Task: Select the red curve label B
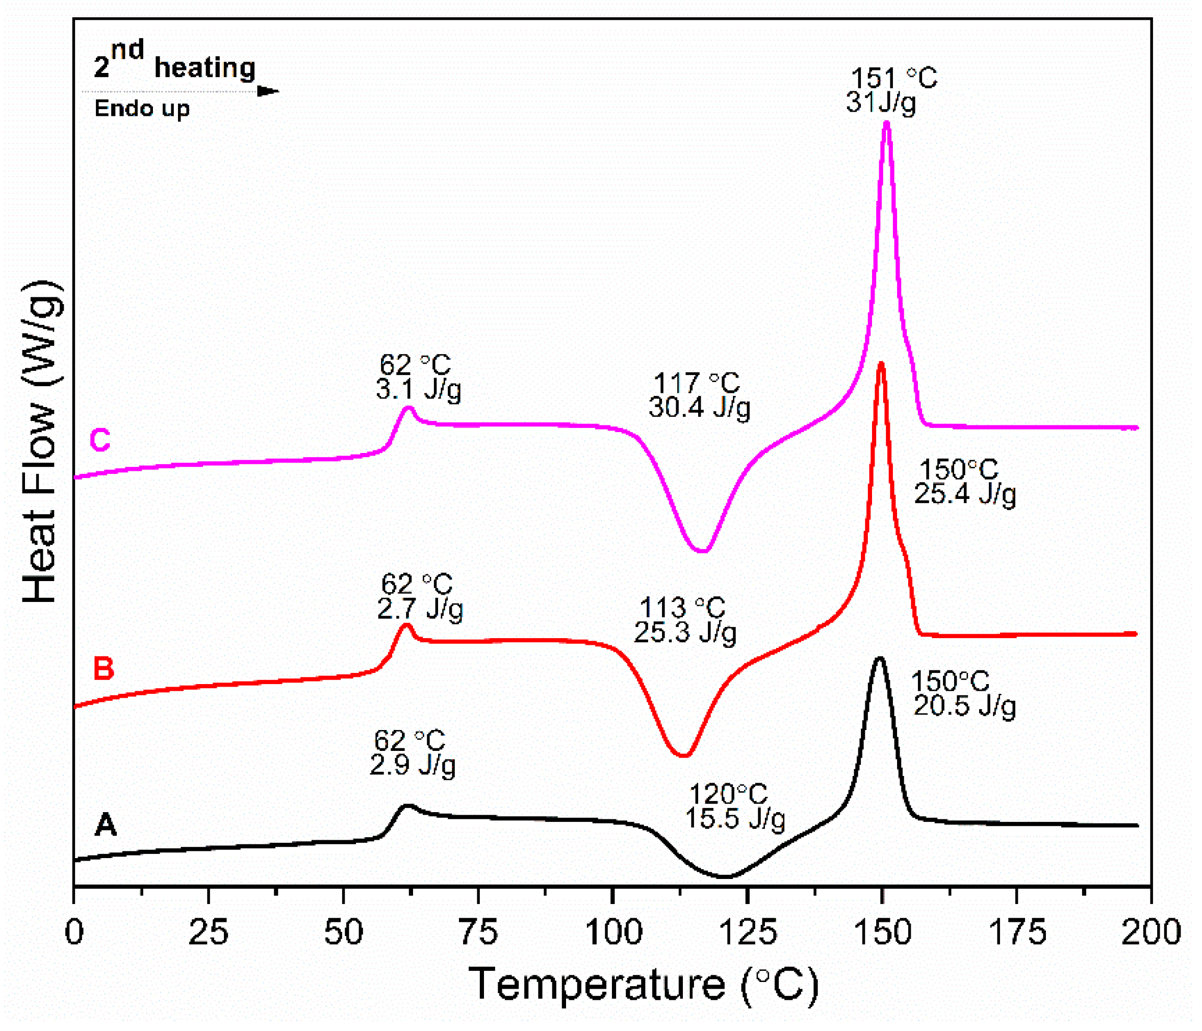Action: pyautogui.click(x=104, y=668)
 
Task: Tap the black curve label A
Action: pyautogui.click(x=106, y=824)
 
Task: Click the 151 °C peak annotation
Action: pyautogui.click(x=894, y=79)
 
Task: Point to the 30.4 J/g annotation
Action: pyautogui.click(x=699, y=407)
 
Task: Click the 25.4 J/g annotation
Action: pyautogui.click(x=965, y=494)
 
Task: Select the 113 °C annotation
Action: pyautogui.click(x=682, y=608)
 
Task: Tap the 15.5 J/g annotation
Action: pyautogui.click(x=735, y=819)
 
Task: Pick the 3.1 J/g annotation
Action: pyautogui.click(x=418, y=389)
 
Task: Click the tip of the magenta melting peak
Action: pyautogui.click(x=886, y=123)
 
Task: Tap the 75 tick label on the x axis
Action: pyautogui.click(x=478, y=933)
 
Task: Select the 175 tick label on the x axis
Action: pyautogui.click(x=1016, y=933)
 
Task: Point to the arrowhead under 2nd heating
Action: pyautogui.click(x=268, y=92)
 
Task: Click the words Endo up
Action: pyautogui.click(x=142, y=109)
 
